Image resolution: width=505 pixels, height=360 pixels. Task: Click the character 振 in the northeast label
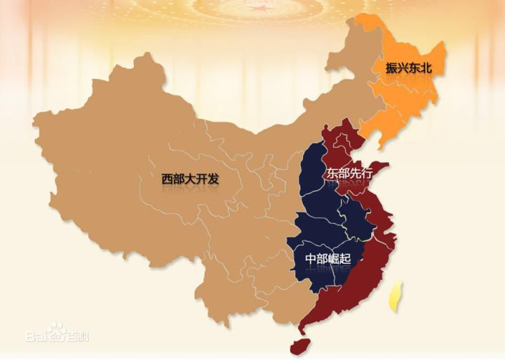coord(391,68)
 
